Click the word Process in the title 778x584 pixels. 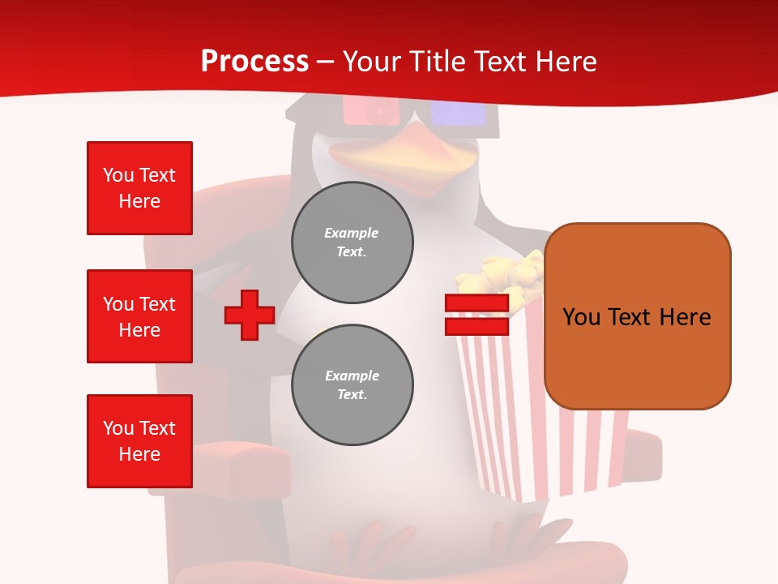point(254,61)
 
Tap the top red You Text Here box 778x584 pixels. point(139,188)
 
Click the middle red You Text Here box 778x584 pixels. point(139,316)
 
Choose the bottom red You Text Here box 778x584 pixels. point(139,441)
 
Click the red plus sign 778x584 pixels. point(250,315)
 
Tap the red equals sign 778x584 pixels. point(477,315)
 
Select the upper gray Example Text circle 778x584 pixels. point(353,243)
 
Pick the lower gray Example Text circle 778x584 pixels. point(353,385)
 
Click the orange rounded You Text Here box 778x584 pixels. point(637,316)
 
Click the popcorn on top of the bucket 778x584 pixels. point(502,276)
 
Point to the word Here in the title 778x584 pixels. point(564,61)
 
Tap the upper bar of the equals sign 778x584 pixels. point(477,303)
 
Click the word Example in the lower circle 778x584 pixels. point(352,376)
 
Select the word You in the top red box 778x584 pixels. point(118,175)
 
